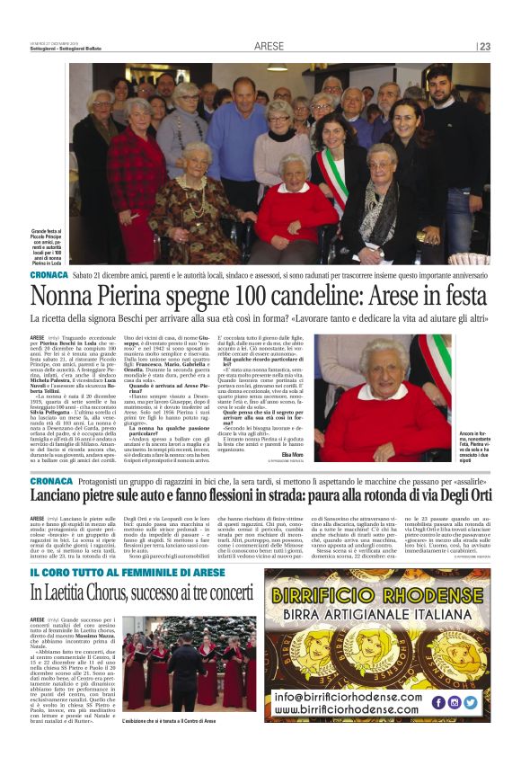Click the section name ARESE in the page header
(269, 46)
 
